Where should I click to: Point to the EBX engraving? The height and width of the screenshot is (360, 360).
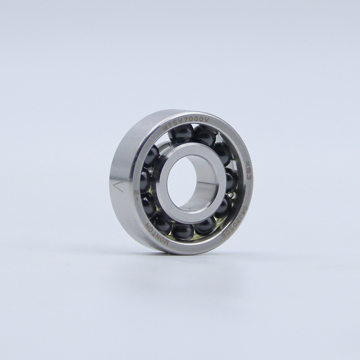(247, 173)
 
